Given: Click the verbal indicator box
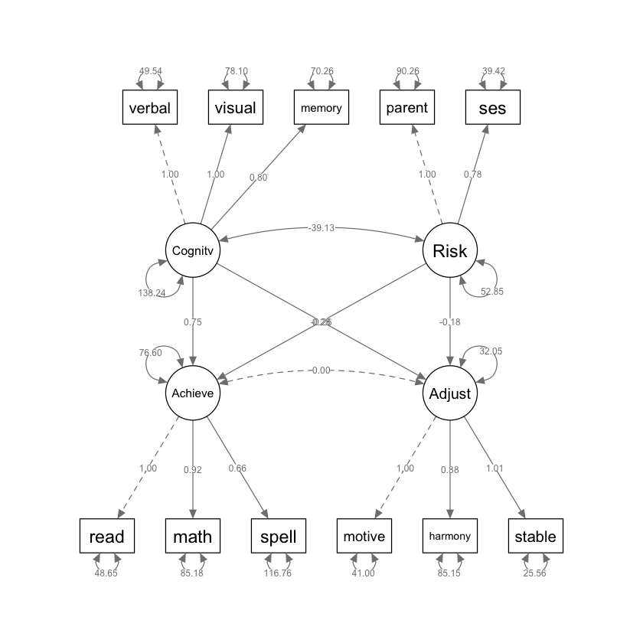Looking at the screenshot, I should [x=150, y=108].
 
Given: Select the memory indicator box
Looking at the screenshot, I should [x=321, y=108].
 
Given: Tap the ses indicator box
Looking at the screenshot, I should [x=493, y=108].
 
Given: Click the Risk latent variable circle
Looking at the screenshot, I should [x=450, y=250].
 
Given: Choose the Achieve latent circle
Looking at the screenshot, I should [x=193, y=393].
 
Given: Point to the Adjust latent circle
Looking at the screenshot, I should [x=450, y=393].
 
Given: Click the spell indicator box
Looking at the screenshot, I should [x=279, y=536].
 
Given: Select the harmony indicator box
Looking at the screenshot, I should [x=450, y=536].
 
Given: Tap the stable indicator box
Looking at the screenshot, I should [x=536, y=536].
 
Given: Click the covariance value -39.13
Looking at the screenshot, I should [x=321, y=227].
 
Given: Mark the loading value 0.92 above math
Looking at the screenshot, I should [x=193, y=469].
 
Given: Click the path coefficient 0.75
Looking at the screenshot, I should [x=193, y=322].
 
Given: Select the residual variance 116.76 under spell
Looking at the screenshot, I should [x=279, y=573].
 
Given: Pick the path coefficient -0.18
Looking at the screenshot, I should [x=450, y=322].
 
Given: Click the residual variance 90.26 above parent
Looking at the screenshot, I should [x=407, y=71].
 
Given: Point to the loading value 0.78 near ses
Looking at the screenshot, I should [x=473, y=174].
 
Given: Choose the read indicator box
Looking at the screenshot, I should [x=107, y=536].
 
